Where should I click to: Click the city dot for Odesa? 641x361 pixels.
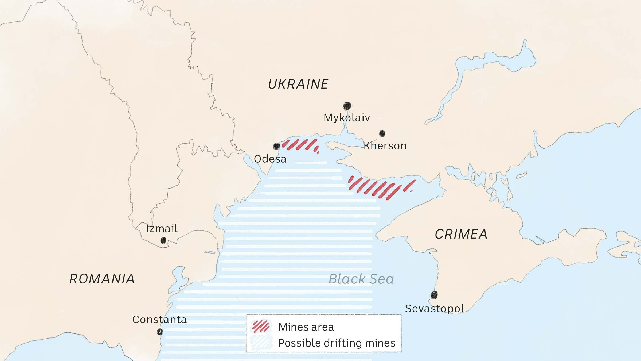(276, 146)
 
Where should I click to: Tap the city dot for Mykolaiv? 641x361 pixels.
(347, 106)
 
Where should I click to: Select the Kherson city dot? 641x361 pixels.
(382, 133)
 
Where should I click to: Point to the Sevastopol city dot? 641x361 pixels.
(434, 295)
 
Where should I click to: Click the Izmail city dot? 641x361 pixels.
(163, 240)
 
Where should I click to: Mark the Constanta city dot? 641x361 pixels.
(159, 332)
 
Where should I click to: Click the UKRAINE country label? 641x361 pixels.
(298, 84)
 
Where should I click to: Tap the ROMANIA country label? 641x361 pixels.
(102, 279)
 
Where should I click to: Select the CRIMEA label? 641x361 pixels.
(461, 234)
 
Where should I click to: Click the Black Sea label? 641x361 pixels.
(361, 279)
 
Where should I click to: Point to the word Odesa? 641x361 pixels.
(270, 159)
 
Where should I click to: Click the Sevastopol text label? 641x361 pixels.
(435, 309)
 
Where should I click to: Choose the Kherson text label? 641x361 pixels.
(385, 146)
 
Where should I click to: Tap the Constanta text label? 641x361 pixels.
(159, 320)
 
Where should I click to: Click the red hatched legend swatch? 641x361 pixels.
(261, 326)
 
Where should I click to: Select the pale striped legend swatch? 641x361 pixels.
(261, 343)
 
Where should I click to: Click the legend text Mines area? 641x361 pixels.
(306, 327)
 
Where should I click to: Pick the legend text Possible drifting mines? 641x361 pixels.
(337, 343)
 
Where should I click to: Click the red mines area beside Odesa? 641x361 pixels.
(300, 145)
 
